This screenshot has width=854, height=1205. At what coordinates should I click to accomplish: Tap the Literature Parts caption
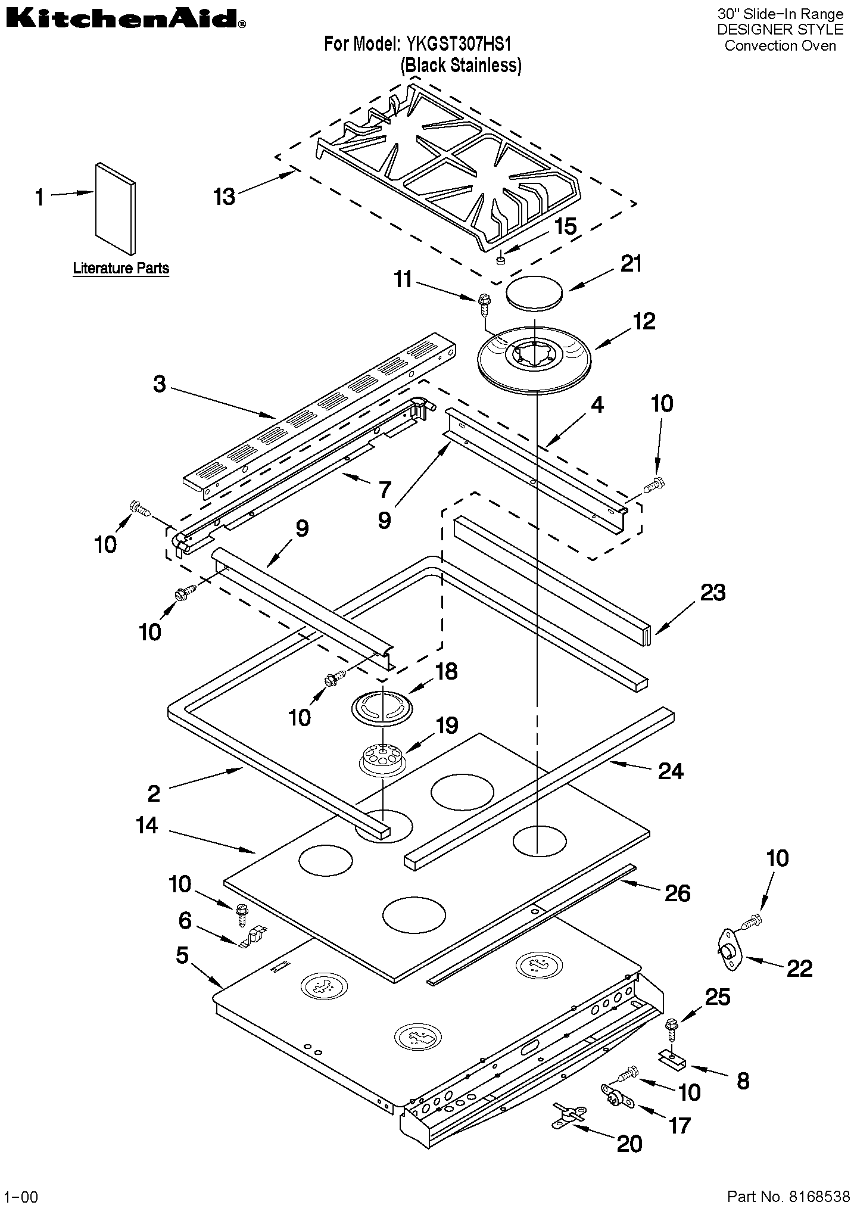tap(121, 269)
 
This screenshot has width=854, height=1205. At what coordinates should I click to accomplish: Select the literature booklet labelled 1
tap(115, 208)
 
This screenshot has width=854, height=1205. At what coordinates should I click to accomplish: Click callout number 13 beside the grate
tap(225, 197)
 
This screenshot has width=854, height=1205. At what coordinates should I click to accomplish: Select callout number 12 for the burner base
tap(644, 322)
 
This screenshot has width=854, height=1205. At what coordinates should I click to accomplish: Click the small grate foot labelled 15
tap(501, 259)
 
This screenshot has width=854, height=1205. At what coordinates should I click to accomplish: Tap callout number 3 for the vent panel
tap(159, 384)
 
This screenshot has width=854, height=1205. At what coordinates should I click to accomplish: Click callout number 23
tap(713, 593)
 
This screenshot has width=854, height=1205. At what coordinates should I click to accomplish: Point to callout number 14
tap(147, 826)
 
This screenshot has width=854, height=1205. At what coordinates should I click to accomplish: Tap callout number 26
tap(677, 893)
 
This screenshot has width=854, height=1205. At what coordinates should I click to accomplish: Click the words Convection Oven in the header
tap(780, 46)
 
